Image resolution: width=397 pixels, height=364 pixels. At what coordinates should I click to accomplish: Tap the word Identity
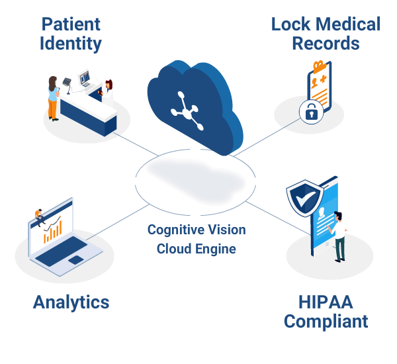(71, 44)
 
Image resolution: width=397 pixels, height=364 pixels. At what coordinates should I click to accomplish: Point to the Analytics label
(71, 302)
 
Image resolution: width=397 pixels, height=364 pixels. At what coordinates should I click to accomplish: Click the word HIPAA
(326, 302)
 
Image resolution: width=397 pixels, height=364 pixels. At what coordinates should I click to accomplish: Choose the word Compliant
(326, 322)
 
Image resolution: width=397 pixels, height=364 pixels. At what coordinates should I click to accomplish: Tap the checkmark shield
(304, 197)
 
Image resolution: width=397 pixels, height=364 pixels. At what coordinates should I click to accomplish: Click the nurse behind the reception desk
(107, 92)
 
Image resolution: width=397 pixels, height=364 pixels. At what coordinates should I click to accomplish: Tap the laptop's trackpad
(77, 259)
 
